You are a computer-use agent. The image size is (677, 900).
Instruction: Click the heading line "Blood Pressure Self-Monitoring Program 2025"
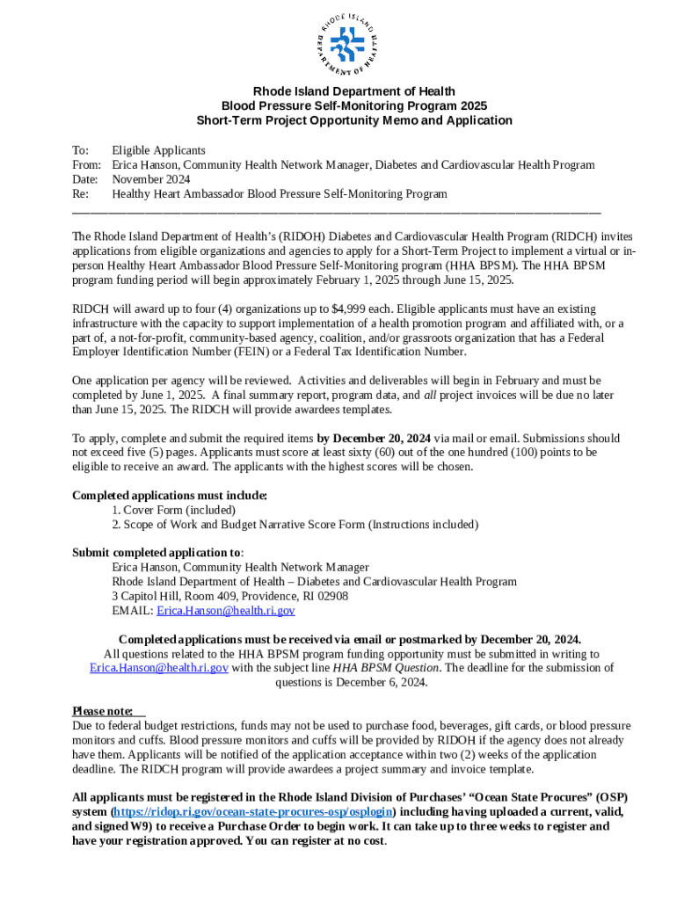click(353, 105)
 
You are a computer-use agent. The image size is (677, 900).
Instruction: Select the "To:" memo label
click(80, 150)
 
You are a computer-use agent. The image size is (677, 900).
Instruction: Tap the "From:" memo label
click(86, 164)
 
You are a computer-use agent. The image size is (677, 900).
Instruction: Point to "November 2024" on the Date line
click(150, 179)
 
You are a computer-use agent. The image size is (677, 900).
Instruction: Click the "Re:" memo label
click(80, 193)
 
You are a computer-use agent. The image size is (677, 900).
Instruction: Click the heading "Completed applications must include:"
click(169, 495)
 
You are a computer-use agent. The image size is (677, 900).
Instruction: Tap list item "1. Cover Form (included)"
click(174, 510)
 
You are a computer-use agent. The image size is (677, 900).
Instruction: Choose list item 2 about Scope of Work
click(295, 524)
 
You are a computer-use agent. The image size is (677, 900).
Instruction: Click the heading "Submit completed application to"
click(156, 553)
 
